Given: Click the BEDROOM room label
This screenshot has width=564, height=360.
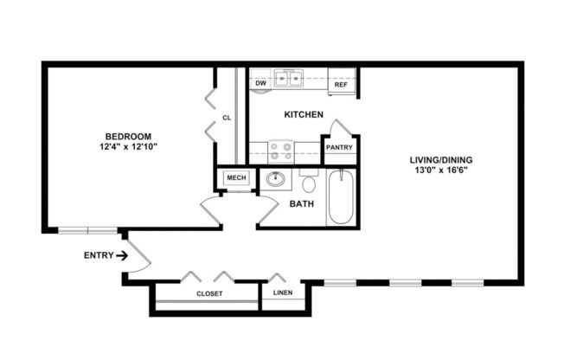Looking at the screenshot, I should click(128, 136).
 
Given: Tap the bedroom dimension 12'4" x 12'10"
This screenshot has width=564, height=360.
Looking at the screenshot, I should click(128, 146).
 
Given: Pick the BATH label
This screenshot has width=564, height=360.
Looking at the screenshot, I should click(301, 205).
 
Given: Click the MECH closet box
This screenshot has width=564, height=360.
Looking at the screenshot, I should click(236, 178).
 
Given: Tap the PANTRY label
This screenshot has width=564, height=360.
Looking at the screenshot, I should click(338, 148).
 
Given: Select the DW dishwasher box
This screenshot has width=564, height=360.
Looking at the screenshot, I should click(260, 84).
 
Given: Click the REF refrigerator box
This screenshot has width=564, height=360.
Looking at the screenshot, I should click(341, 85).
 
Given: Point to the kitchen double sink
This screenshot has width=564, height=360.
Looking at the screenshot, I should click(289, 80).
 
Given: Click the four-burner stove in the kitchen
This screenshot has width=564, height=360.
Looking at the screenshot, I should click(281, 151).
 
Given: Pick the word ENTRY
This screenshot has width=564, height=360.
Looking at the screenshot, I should click(98, 255).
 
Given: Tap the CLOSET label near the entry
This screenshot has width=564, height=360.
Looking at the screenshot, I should click(208, 294).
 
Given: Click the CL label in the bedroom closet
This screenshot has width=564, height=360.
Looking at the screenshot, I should click(227, 118).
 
